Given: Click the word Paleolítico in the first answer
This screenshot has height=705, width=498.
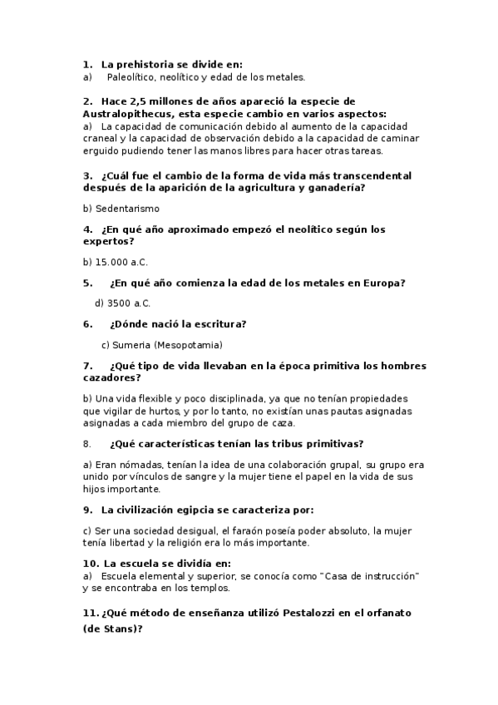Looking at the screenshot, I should [x=131, y=77].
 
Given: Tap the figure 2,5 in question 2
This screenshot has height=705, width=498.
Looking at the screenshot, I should [x=134, y=101].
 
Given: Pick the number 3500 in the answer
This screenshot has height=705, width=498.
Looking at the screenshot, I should [x=120, y=303].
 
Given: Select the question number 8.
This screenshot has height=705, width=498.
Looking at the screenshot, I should [x=87, y=443].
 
